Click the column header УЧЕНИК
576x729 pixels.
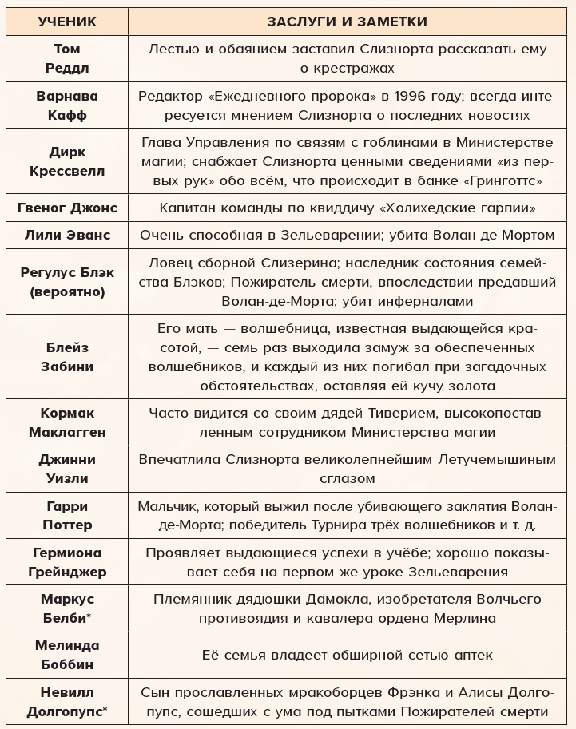click(x=67, y=22)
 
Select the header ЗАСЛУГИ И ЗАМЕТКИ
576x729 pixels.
click(x=348, y=22)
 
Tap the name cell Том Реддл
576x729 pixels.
click(x=67, y=58)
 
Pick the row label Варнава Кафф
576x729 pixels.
click(x=67, y=105)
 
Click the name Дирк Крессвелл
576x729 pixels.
click(x=67, y=162)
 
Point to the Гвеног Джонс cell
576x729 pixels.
click(x=67, y=208)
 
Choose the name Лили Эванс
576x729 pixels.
click(x=67, y=236)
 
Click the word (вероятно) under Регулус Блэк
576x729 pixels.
click(x=67, y=291)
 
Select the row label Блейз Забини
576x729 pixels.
click(x=67, y=358)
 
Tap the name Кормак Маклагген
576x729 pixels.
click(x=67, y=423)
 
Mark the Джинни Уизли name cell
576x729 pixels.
click(x=67, y=469)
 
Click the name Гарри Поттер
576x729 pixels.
click(x=67, y=516)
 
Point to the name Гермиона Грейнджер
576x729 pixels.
click(x=67, y=562)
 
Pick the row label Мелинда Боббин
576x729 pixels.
click(x=67, y=655)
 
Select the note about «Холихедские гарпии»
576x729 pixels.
click(x=348, y=208)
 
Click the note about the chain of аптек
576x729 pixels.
click(x=348, y=656)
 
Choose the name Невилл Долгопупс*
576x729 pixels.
click(x=67, y=702)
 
